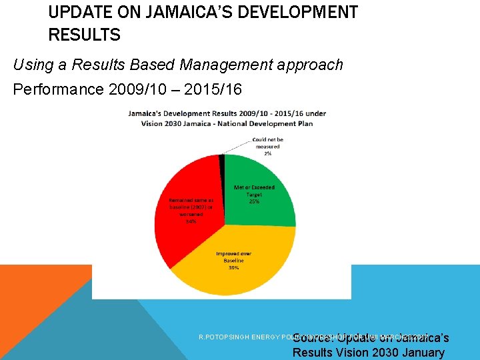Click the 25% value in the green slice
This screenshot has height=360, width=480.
coord(254,201)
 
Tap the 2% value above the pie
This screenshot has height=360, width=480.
coord(267,153)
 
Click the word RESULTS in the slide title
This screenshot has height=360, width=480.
coord(84,35)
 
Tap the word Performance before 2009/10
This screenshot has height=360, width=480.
coord(57,89)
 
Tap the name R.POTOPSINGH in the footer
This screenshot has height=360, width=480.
coord(223,337)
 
